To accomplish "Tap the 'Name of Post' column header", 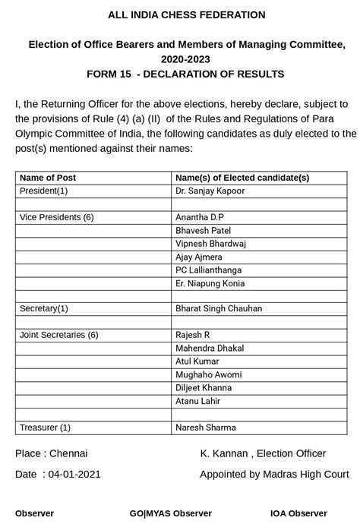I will pyautogui.click(x=48, y=178).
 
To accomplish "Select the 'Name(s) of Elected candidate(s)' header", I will pyautogui.click(x=242, y=178).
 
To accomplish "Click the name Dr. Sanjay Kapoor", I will pyautogui.click(x=210, y=191).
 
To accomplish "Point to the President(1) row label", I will pyautogui.click(x=43, y=191).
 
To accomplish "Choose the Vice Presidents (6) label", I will pyautogui.click(x=57, y=217).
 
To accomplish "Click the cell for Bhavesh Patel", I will pyautogui.click(x=204, y=230).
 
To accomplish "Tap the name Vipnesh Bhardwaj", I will pyautogui.click(x=211, y=244).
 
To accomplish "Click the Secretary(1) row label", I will pyautogui.click(x=43, y=309).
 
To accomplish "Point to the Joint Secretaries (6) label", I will pyautogui.click(x=59, y=335).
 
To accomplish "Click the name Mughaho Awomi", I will pyautogui.click(x=208, y=374).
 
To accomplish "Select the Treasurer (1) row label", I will pyautogui.click(x=45, y=428).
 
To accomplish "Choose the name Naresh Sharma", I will pyautogui.click(x=205, y=428).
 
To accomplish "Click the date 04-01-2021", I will pyautogui.click(x=74, y=474).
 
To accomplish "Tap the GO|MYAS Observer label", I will pyautogui.click(x=171, y=513).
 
